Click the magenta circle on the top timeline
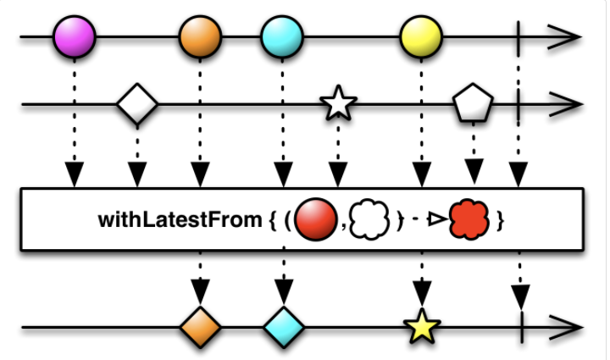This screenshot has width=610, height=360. coord(74,38)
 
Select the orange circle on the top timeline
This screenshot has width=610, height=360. coord(200,38)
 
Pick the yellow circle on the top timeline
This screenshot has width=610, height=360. coord(421,38)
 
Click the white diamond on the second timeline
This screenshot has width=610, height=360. coord(137,105)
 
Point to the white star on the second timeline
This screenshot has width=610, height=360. coord(338,105)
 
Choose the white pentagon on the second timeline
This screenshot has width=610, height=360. coord(472,104)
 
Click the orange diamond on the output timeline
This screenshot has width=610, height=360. coord(200,325)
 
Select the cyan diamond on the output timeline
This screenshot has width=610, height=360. coord(284,325)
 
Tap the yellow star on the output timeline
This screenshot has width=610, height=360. coord(421,326)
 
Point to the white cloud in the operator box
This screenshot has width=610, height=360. coord(369,219)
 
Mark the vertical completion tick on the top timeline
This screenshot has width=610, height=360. coord(518,38)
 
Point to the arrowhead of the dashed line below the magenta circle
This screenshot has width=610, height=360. coord(74,175)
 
